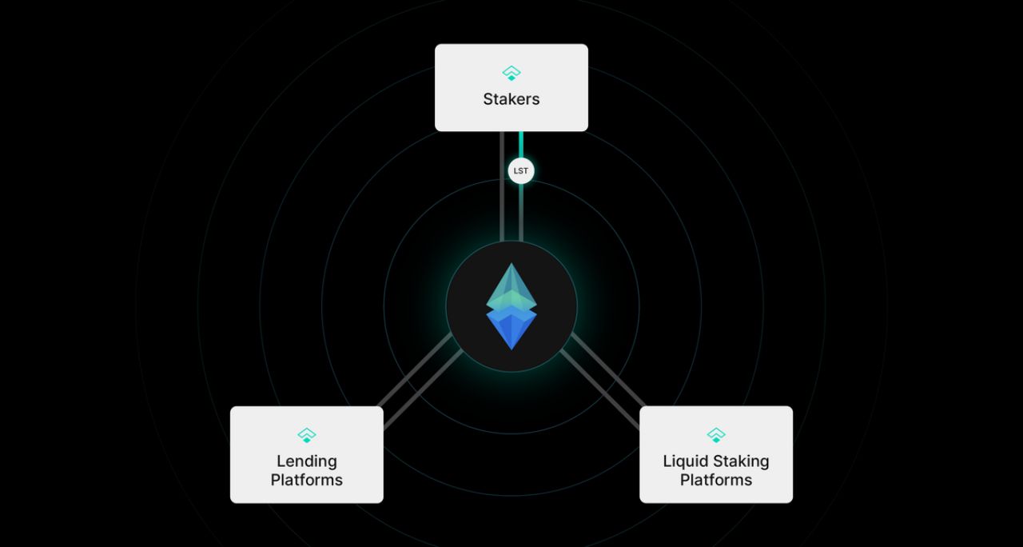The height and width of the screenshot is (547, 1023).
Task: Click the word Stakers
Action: point(511,99)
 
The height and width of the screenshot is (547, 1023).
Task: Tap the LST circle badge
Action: point(520,171)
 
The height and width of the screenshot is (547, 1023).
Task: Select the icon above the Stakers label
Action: point(511,73)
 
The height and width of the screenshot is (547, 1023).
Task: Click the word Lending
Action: point(307,461)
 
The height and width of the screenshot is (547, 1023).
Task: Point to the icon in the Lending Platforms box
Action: point(307,435)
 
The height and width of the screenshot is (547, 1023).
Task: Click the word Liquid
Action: point(684,461)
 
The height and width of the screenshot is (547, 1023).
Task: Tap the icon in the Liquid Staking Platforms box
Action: point(716,435)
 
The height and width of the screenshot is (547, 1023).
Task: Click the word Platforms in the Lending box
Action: point(306,481)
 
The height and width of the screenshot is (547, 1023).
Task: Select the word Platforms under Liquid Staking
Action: point(716,481)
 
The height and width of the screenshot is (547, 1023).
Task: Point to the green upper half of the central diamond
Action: point(511,286)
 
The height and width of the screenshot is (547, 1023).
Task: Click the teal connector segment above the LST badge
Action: point(521,145)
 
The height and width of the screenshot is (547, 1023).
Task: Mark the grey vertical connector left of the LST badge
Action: point(502,186)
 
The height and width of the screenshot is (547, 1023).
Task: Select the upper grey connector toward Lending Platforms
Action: point(415,369)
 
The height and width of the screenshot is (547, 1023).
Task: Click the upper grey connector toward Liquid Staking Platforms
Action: point(608,369)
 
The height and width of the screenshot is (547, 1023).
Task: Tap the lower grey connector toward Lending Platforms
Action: point(423,389)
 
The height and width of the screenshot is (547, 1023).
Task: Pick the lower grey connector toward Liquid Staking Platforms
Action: point(599,389)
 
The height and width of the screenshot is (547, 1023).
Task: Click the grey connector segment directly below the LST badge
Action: point(521,213)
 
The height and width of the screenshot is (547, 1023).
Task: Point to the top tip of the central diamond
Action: point(511,263)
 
